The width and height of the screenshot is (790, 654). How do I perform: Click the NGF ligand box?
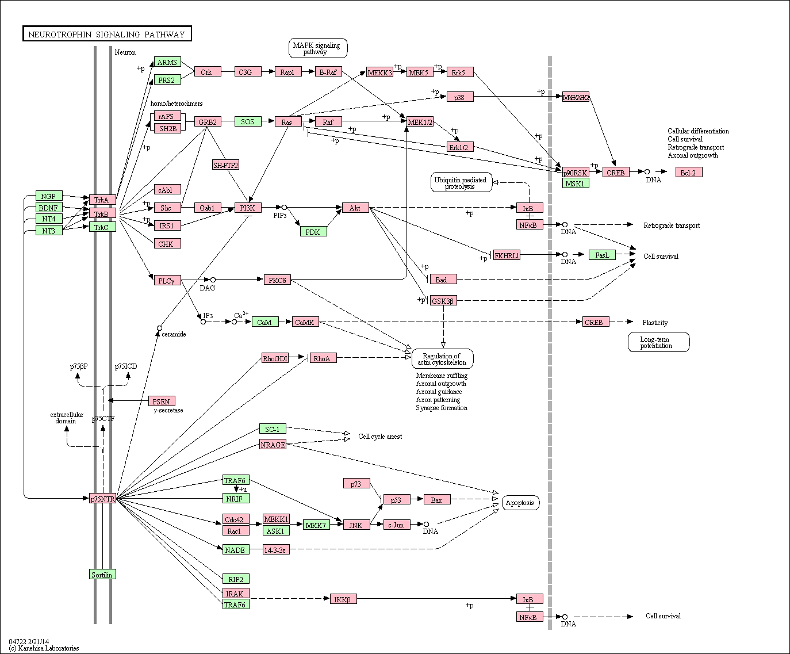[x=49, y=196]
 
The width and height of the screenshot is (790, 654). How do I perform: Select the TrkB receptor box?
[x=102, y=213]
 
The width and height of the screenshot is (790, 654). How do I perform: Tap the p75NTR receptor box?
[x=103, y=499]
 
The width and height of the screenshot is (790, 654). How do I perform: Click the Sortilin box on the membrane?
[x=102, y=575]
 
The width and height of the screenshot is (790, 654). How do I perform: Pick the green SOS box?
[x=248, y=121]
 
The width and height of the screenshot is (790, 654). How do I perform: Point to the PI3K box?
[x=248, y=208]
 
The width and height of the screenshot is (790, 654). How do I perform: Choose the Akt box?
[x=355, y=208]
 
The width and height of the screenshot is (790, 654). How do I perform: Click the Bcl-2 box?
[x=688, y=173]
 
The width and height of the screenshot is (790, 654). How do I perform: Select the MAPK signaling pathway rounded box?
[x=317, y=48]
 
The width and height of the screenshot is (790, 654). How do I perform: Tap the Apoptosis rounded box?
[x=520, y=503]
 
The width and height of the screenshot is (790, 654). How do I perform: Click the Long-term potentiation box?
[x=658, y=342]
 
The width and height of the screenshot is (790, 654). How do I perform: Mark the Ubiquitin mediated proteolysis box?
[x=461, y=183]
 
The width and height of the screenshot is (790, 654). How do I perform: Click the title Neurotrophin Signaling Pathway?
[x=107, y=35]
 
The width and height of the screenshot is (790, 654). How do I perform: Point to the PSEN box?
[x=162, y=401]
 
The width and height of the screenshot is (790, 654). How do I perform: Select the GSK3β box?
[x=443, y=300]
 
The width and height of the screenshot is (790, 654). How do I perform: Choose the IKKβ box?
[x=343, y=599]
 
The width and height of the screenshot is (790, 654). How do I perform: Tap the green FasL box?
[x=602, y=255]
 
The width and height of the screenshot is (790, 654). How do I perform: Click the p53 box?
[x=396, y=500]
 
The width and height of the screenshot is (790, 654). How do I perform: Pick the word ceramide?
[x=174, y=334]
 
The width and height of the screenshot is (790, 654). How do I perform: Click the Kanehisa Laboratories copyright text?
[x=44, y=648]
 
